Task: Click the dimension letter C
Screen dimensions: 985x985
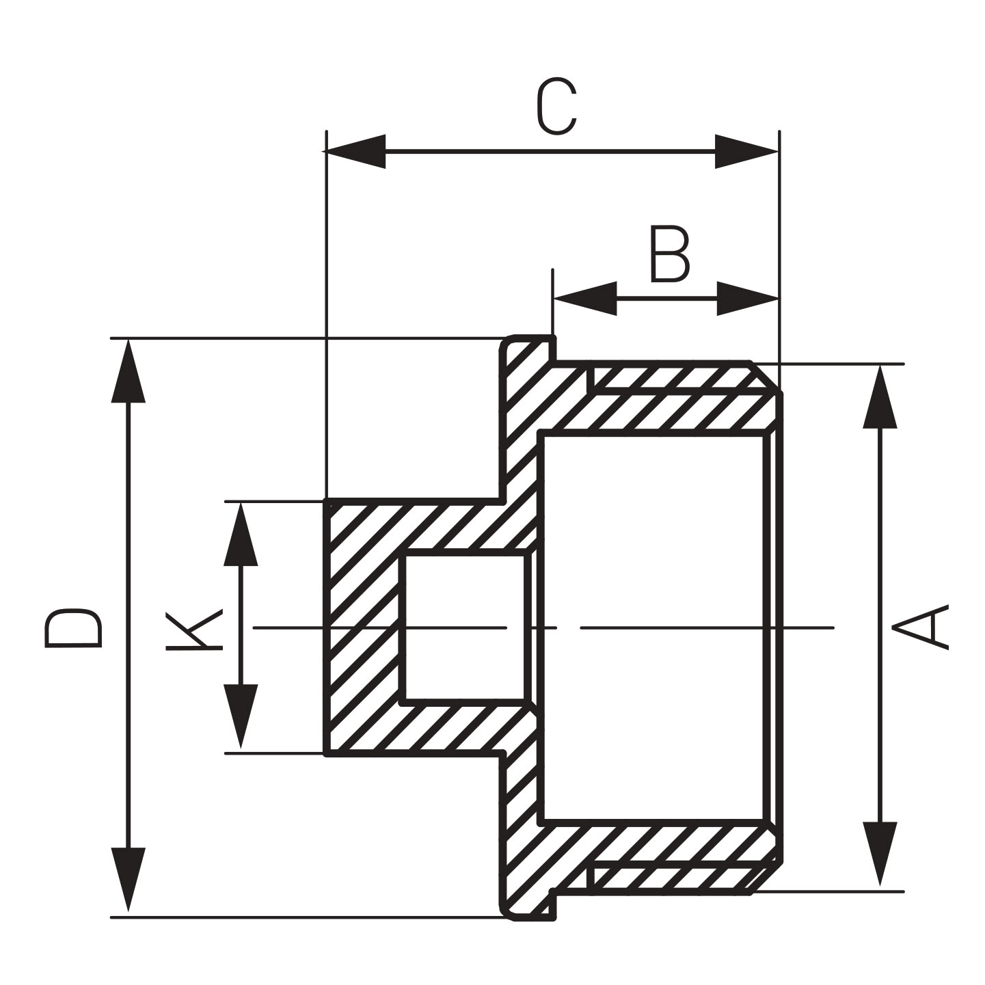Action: click(x=556, y=107)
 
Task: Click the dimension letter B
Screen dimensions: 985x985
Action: click(x=669, y=256)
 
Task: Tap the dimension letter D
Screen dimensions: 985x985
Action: click(x=73, y=627)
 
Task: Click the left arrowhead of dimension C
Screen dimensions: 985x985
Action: click(x=356, y=152)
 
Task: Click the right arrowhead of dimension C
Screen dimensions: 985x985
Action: click(x=746, y=152)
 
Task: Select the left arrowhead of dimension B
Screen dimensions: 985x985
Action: click(x=584, y=298)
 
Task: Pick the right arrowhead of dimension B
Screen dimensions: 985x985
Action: click(x=748, y=298)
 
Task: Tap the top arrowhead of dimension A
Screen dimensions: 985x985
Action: click(x=880, y=397)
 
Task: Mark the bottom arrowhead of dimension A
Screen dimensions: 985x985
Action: click(x=880, y=856)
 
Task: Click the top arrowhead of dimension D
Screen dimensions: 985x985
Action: click(x=128, y=373)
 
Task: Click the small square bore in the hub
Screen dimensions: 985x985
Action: click(x=465, y=628)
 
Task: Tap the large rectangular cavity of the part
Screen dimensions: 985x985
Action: click(x=653, y=628)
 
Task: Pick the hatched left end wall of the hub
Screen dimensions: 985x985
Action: click(x=362, y=628)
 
